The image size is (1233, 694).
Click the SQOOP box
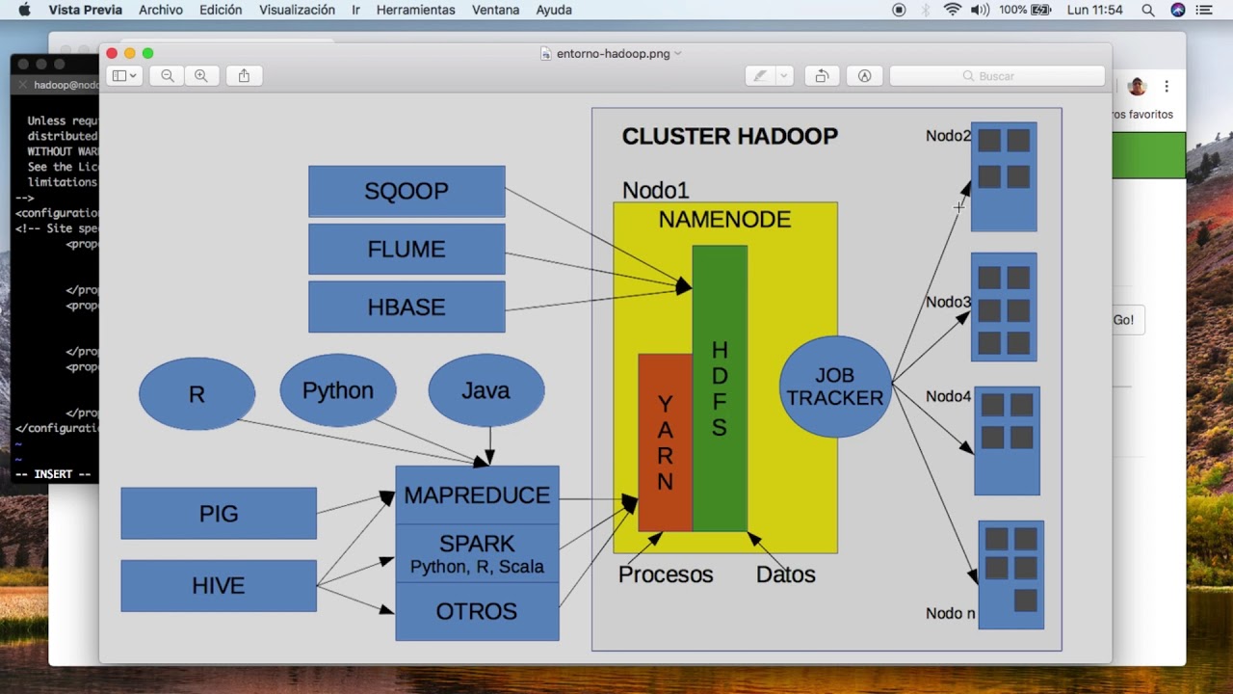point(407,191)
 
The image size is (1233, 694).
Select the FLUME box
point(407,249)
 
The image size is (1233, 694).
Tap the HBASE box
point(407,307)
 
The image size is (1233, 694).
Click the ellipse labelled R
point(197,394)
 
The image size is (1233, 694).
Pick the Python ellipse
point(337,390)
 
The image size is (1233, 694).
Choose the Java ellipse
point(485,390)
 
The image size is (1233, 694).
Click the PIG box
point(219,513)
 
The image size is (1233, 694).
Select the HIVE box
point(219,585)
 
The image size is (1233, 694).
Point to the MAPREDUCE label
point(477,495)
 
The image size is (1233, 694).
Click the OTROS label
point(477,611)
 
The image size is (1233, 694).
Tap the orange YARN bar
point(665,442)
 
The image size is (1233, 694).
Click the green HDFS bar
point(720,388)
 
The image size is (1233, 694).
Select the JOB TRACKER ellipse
point(834,387)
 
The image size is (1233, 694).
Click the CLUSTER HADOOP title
point(729,136)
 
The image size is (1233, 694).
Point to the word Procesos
point(666,574)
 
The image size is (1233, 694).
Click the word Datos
point(785,574)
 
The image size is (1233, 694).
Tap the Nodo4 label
point(948,396)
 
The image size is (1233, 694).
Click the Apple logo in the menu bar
point(24,10)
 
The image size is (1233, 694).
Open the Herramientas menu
point(415,10)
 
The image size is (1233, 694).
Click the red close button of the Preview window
point(112,53)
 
